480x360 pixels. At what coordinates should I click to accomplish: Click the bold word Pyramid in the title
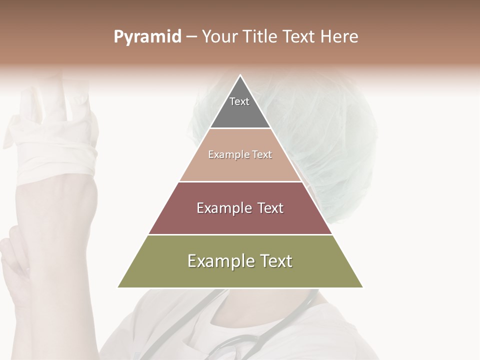tap(147, 37)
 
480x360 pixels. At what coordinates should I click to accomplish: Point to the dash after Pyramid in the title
tap(191, 37)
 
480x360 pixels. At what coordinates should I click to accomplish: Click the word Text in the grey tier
tap(239, 101)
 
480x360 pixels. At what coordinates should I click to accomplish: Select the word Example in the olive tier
tap(220, 261)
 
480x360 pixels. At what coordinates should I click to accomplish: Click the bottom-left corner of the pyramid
tap(118, 287)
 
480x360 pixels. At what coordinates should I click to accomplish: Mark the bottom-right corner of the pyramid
tap(362, 287)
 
